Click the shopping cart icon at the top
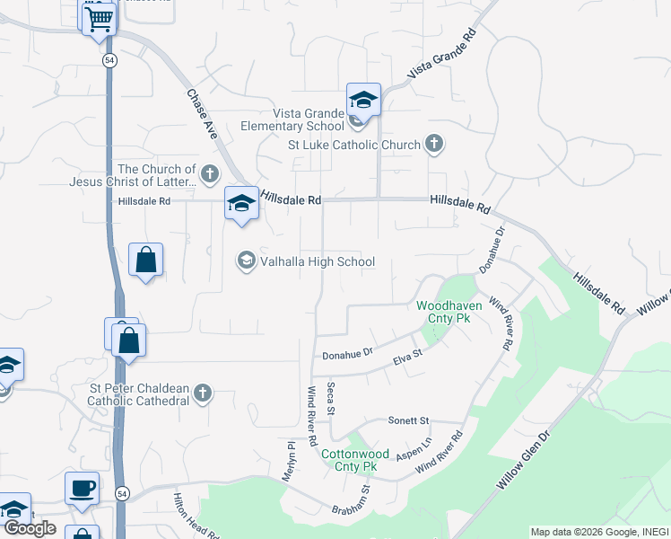click(99, 17)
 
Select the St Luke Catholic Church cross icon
click(434, 143)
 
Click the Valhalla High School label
click(316, 261)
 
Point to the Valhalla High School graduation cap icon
click(245, 261)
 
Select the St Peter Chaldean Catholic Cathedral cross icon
click(204, 393)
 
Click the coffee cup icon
click(83, 488)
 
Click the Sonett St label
click(409, 420)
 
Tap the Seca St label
click(331, 397)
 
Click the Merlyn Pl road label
click(290, 460)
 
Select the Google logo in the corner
click(30, 528)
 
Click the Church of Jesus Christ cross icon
click(210, 173)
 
